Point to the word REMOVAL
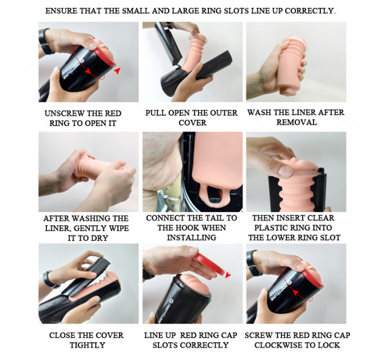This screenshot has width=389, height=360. click(x=297, y=122)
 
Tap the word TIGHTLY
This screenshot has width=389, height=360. click(x=88, y=345)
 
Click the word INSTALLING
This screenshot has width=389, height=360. click(x=192, y=237)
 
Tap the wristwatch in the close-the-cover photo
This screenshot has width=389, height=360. click(x=50, y=279)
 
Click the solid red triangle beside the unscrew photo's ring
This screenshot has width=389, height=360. click(x=117, y=71)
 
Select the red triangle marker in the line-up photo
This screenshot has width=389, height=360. click(x=228, y=275)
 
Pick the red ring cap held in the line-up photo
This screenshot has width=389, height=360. click(x=209, y=265)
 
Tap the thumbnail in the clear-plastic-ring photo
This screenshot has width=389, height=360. click(x=285, y=171)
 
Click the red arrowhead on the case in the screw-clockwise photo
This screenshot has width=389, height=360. click(x=296, y=293)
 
